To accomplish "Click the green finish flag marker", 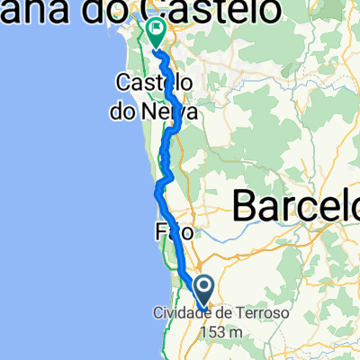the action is [x=156, y=33].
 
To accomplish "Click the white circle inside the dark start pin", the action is [x=204, y=288].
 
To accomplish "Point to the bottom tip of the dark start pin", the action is [x=204, y=309].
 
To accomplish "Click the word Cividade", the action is [x=178, y=313].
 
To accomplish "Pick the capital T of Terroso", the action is [x=240, y=313].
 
